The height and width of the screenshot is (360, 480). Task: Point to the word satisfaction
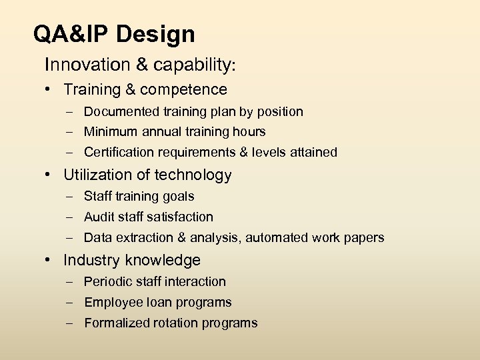tap(181, 217)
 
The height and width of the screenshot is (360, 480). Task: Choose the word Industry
tap(91, 261)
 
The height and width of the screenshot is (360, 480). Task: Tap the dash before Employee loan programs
tap(70, 303)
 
